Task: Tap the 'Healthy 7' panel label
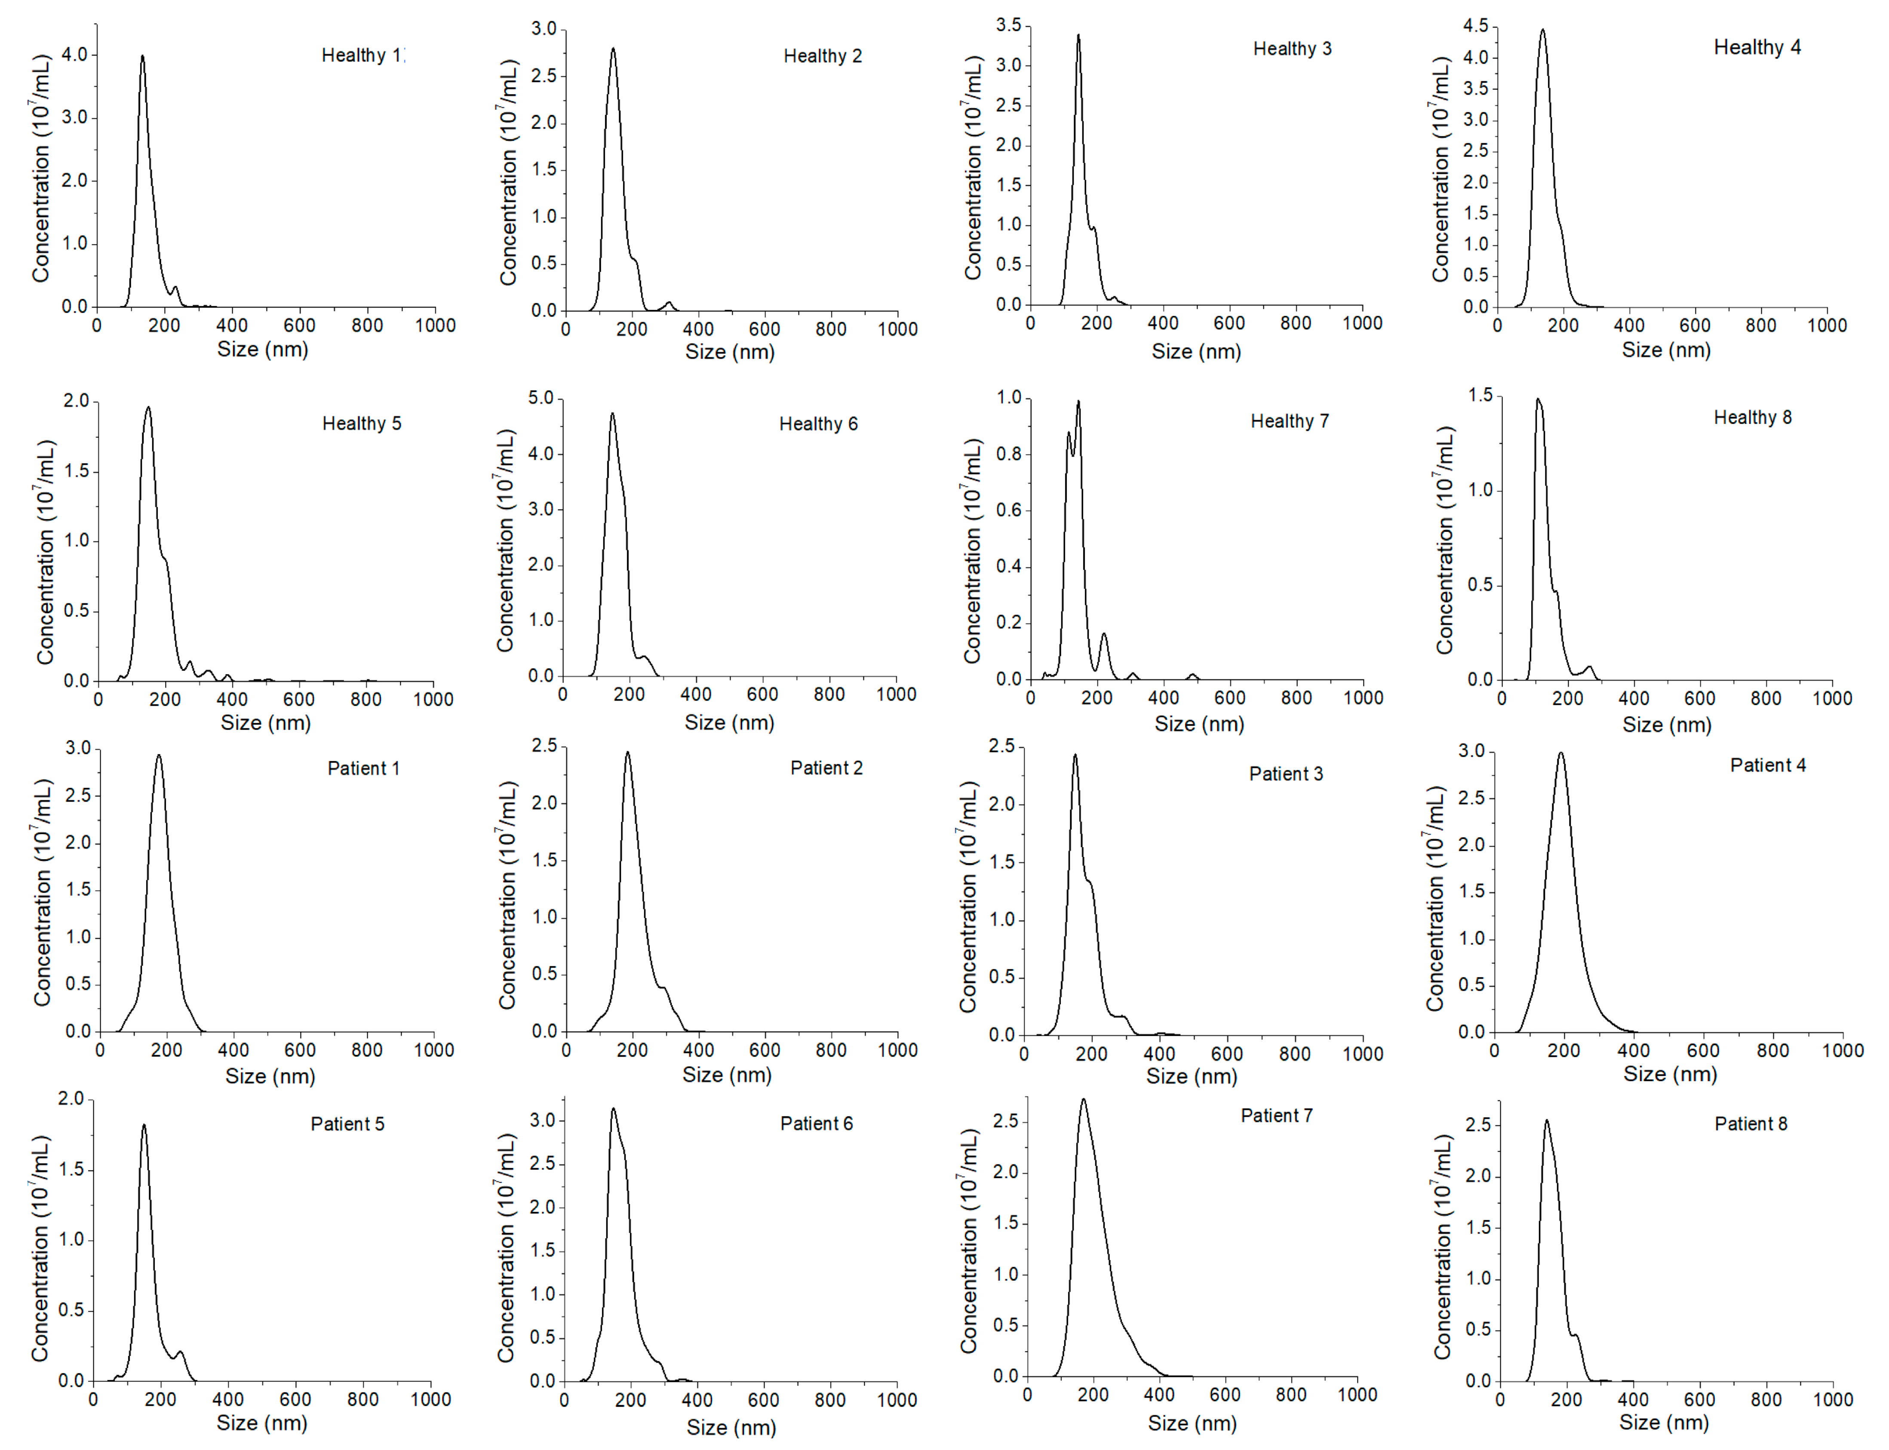click(x=1289, y=421)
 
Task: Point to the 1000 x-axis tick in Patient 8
click(x=1832, y=1399)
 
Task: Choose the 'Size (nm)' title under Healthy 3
click(x=1196, y=351)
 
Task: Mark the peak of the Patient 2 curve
click(x=627, y=753)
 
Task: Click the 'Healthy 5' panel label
click(x=362, y=423)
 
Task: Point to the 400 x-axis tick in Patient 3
click(x=1159, y=1054)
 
